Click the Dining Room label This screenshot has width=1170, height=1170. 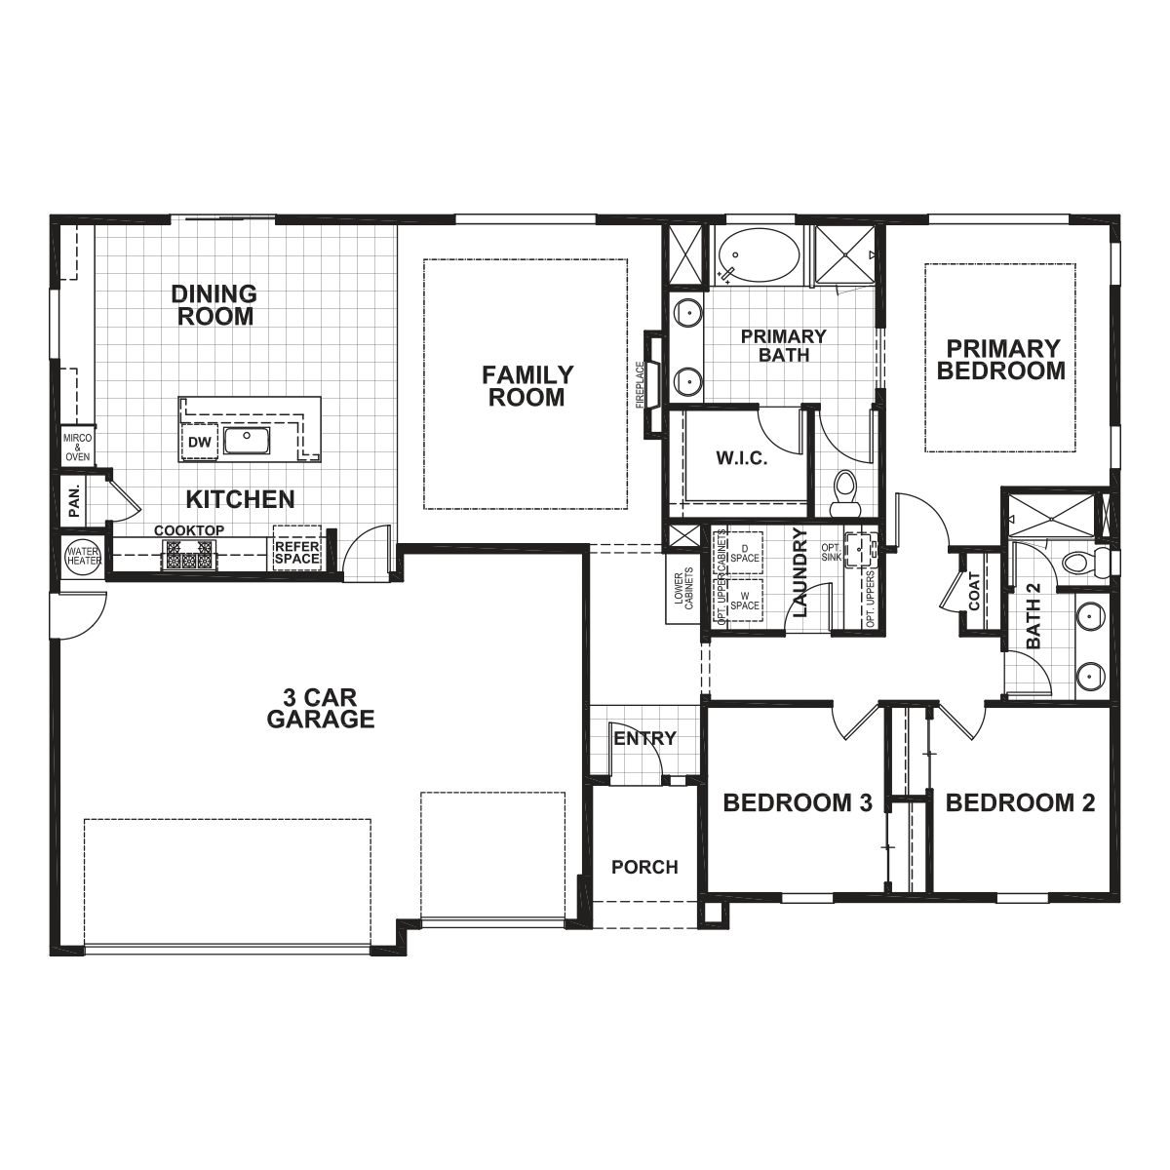pos(214,305)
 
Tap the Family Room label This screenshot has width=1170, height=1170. pos(527,386)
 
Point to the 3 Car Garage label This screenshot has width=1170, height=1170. pos(321,709)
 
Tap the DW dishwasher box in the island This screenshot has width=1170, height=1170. pos(200,443)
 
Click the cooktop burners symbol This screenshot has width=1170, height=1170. pos(187,555)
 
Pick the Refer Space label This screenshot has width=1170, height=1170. pos(296,553)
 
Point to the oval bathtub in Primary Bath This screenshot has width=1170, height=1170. pos(758,256)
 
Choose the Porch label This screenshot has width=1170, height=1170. pos(644,867)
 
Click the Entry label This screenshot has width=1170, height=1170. pos(644,738)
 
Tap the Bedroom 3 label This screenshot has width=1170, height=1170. pos(797,803)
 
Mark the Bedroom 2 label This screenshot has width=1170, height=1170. pos(1020,803)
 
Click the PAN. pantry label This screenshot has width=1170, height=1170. pos(74,501)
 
